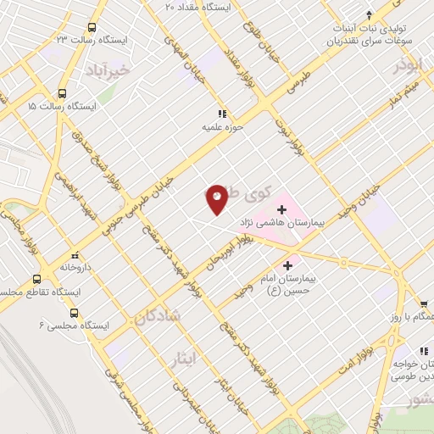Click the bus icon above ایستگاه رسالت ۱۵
[61, 94]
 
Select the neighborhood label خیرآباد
[108, 70]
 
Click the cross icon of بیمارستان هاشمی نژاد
[281, 207]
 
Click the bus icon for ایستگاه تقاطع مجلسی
[36, 278]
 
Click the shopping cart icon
[424, 303]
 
